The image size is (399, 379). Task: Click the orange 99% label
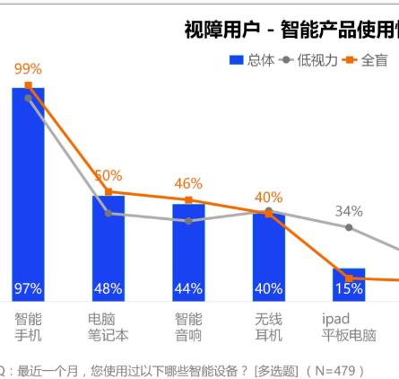tap(28, 69)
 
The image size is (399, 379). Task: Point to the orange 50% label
tap(108, 175)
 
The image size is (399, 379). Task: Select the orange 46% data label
tap(188, 184)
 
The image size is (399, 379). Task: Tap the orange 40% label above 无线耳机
tap(268, 197)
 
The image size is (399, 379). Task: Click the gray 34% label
tap(349, 211)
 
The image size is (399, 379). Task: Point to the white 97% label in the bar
tap(28, 289)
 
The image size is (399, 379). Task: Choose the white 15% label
tap(349, 289)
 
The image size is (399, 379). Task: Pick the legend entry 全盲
tap(366, 60)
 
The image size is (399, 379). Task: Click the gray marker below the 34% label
tap(349, 227)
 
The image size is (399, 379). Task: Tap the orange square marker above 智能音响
tap(188, 200)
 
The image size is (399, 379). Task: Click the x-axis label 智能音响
tap(188, 327)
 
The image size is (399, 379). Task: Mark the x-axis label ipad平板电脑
tap(349, 327)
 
